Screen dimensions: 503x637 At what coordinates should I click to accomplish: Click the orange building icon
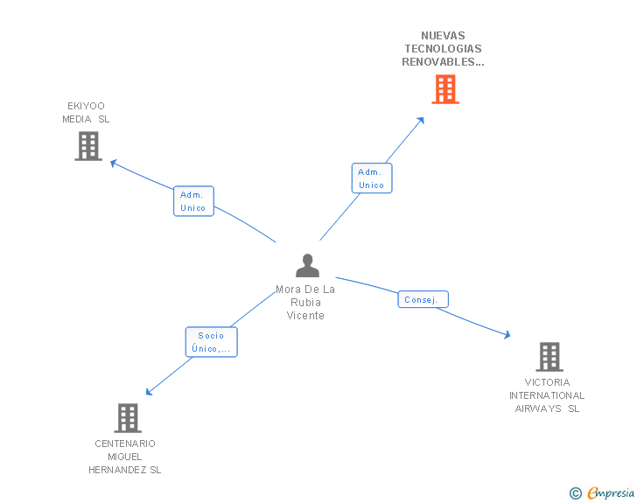(444, 89)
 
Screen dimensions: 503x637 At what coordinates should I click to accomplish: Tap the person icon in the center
(307, 265)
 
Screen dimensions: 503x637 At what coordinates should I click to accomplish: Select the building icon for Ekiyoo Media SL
(88, 146)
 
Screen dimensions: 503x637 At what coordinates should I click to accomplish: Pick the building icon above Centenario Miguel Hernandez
(128, 418)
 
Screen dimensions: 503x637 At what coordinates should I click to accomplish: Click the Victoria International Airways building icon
(549, 357)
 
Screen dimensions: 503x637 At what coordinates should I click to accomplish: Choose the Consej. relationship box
(423, 299)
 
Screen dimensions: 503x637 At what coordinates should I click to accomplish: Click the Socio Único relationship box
(211, 342)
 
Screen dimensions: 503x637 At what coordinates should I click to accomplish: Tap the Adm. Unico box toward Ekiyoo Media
(193, 201)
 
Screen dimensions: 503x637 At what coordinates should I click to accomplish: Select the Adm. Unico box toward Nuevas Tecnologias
(371, 178)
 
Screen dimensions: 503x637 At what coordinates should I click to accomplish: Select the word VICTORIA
(547, 382)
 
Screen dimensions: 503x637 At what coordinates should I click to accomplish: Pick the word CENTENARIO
(125, 444)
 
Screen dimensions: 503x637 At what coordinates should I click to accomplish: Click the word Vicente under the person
(305, 316)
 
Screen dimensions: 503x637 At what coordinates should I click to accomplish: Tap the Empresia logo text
(611, 493)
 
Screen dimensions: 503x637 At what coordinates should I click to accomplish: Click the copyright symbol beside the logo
(576, 493)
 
